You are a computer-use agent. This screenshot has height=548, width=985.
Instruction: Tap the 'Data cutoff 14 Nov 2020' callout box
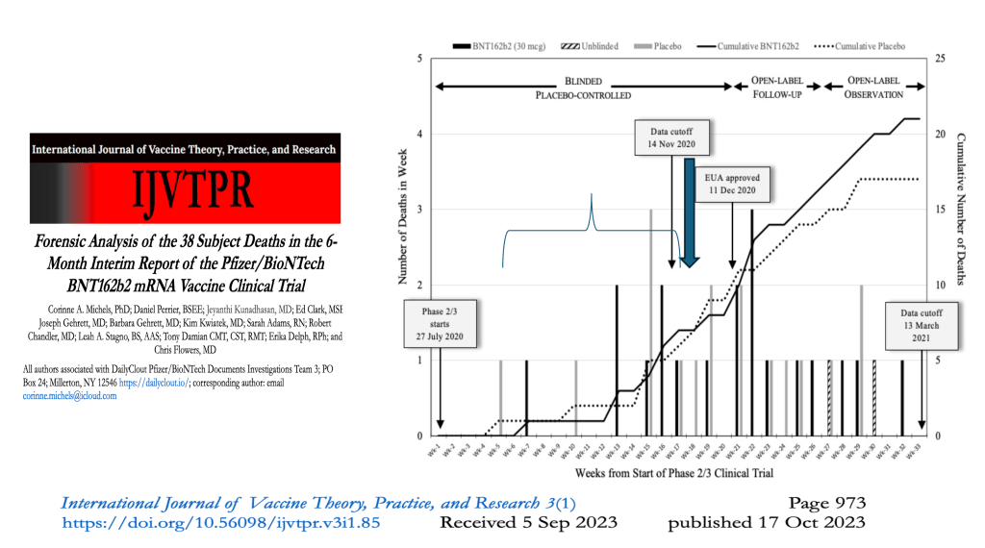tap(671, 138)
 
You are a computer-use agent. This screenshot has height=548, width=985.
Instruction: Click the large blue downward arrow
tap(690, 212)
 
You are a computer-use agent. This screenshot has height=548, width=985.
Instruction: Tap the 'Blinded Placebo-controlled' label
tap(583, 88)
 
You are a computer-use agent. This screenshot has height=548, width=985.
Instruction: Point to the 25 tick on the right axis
tap(938, 60)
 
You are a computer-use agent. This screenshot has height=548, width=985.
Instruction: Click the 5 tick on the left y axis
tap(419, 60)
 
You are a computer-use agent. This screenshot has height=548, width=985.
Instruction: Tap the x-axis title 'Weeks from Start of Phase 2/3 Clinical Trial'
tap(673, 473)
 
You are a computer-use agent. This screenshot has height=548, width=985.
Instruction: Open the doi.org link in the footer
tap(221, 523)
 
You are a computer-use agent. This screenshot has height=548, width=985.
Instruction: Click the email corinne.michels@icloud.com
tap(69, 395)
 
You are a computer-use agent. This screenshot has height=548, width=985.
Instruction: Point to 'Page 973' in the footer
tap(826, 503)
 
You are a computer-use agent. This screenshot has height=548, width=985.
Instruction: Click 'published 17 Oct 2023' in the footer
tap(767, 523)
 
